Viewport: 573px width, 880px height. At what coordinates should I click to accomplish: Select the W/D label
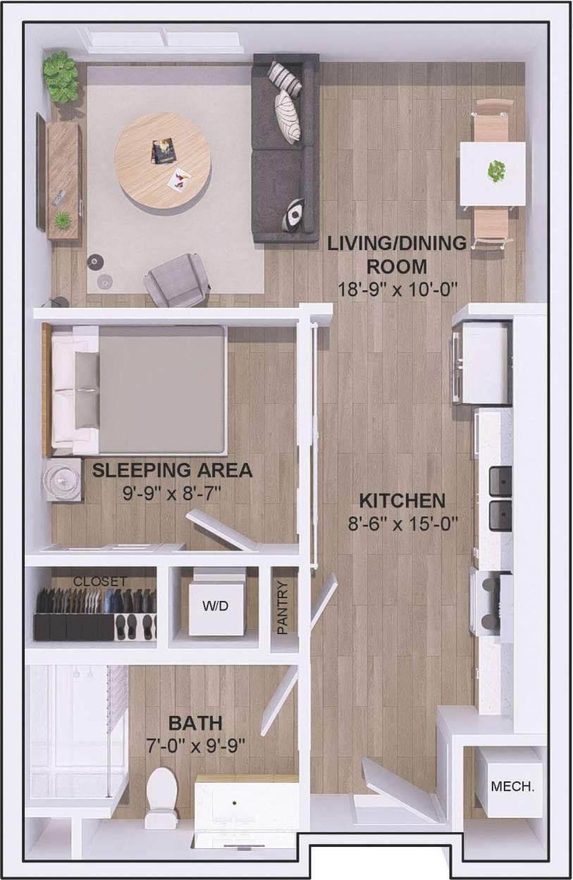click(x=216, y=606)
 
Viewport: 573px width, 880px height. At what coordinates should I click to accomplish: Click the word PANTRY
click(x=283, y=608)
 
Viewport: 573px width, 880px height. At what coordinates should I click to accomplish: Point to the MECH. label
click(x=512, y=786)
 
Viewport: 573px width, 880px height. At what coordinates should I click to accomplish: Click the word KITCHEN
click(x=402, y=501)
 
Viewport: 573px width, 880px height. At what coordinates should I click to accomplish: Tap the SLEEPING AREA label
click(x=172, y=470)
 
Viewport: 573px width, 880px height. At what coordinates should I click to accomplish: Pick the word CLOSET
click(x=100, y=582)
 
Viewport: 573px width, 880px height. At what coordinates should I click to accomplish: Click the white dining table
click(x=492, y=173)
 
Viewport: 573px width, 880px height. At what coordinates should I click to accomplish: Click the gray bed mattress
click(x=161, y=390)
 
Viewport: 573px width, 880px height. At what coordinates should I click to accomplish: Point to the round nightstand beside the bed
click(x=64, y=480)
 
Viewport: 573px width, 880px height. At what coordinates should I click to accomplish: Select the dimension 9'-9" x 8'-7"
click(x=172, y=492)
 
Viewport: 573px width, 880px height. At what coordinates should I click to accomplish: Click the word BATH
click(x=195, y=723)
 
